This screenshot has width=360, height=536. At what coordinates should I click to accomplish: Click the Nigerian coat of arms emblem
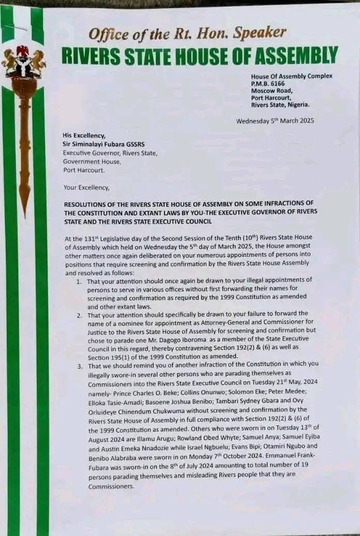[x=23, y=62]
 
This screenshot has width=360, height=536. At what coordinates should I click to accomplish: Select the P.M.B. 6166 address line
[x=268, y=83]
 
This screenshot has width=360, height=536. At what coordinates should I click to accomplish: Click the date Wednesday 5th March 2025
[x=275, y=121]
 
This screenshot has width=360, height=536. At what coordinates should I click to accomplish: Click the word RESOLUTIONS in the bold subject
[x=87, y=205]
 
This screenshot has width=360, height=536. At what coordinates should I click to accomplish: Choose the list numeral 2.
[x=79, y=314]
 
